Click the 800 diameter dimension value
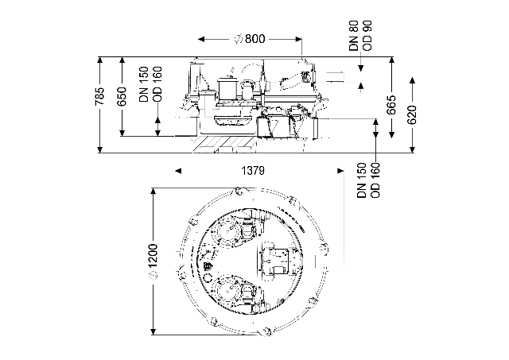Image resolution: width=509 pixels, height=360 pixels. [254, 39]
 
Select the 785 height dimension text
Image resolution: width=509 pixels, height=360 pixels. [100, 96]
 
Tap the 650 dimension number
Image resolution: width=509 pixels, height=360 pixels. [122, 96]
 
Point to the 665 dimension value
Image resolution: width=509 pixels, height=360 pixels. [391, 105]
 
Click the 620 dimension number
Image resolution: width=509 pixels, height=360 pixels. [412, 114]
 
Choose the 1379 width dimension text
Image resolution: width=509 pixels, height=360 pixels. [253, 171]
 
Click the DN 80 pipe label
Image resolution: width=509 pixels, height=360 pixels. [355, 36]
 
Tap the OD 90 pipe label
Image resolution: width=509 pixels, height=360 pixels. [367, 36]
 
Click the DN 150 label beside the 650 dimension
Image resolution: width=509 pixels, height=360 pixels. [144, 84]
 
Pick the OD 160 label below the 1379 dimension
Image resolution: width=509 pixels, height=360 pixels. [375, 180]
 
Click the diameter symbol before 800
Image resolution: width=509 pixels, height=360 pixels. [239, 39]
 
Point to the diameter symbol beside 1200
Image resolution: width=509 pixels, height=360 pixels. [153, 275]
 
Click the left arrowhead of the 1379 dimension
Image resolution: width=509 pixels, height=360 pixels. [178, 171]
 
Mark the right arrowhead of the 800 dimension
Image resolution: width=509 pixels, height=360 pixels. [298, 39]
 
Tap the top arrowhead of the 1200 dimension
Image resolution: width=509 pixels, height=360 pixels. [153, 192]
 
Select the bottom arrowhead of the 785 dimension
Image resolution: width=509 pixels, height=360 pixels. [100, 149]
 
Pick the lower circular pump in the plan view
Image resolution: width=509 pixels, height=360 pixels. [229, 288]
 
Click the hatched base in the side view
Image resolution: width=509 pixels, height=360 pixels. [224, 144]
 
